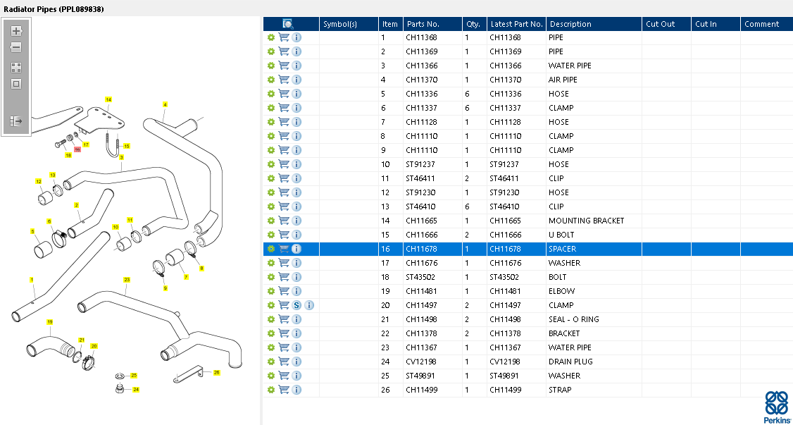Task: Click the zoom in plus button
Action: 16,31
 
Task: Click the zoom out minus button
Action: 16,48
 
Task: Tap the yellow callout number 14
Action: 108,100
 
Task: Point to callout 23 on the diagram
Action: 127,280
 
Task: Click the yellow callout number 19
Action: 50,322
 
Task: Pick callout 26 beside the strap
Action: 216,372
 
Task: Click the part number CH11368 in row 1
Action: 421,37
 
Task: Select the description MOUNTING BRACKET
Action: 586,221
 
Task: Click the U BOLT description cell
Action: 561,235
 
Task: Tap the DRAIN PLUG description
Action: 570,362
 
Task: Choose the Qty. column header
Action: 473,24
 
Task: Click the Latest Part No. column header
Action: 516,24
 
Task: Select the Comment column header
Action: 761,24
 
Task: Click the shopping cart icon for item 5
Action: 284,94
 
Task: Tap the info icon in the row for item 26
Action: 296,390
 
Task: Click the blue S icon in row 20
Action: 296,305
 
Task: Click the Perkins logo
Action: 778,407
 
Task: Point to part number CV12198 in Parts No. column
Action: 421,362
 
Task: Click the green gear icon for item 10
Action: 271,164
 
